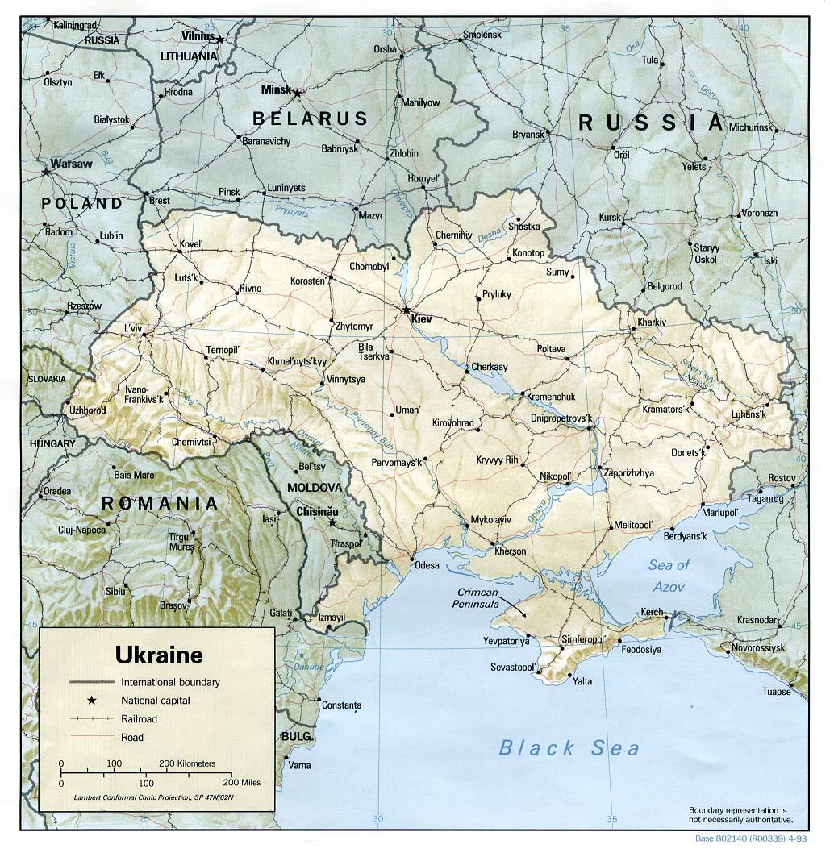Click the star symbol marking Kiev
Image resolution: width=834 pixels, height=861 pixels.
tap(407, 310)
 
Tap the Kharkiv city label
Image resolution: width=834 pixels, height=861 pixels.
tap(652, 322)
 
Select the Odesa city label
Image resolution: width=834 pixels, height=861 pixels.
tap(427, 566)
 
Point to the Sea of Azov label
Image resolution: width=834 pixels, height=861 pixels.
tap(669, 576)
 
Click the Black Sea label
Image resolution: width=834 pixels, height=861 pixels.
tap(569, 748)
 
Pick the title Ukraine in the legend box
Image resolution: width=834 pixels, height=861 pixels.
tap(159, 653)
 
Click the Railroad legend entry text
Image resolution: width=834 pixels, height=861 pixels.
tap(139, 719)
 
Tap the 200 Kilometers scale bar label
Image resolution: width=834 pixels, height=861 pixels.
tap(187, 763)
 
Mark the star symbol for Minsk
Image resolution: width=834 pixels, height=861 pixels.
tap(297, 94)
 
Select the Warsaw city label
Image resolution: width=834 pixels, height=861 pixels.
tap(71, 164)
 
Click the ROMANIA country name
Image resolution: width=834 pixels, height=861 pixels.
tap(159, 505)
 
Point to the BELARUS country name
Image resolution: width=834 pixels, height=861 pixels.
tap(310, 119)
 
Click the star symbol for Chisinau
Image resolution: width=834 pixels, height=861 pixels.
tap(332, 522)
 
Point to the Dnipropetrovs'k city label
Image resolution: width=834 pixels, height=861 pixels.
tap(561, 418)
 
